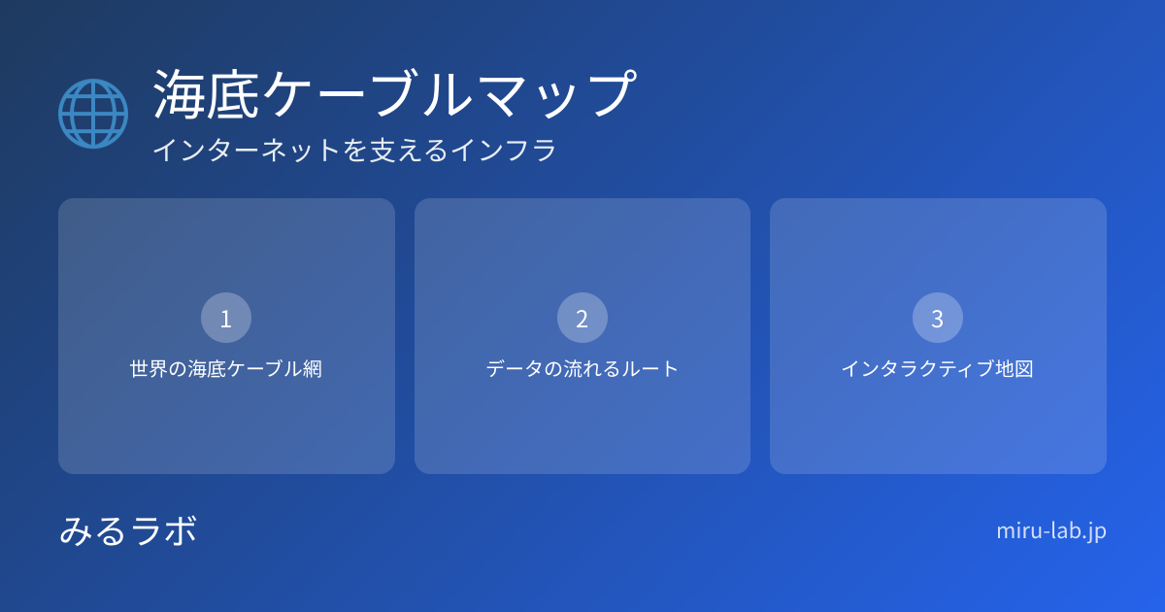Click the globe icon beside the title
tap(93, 114)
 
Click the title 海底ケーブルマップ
tap(395, 94)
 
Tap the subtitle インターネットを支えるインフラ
tap(354, 150)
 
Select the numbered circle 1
tap(226, 318)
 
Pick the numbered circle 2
tap(582, 318)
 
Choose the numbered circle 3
tap(938, 318)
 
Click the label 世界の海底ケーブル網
tap(226, 369)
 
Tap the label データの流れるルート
tap(582, 369)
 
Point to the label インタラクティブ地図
tap(938, 369)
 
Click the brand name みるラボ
tap(128, 530)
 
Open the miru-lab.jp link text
tap(1051, 531)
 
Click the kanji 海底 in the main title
tap(206, 94)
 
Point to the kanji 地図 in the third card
tap(1015, 369)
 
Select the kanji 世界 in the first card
tap(149, 369)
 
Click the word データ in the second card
tap(515, 369)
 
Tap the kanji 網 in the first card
tap(313, 369)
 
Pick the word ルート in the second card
tap(650, 369)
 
